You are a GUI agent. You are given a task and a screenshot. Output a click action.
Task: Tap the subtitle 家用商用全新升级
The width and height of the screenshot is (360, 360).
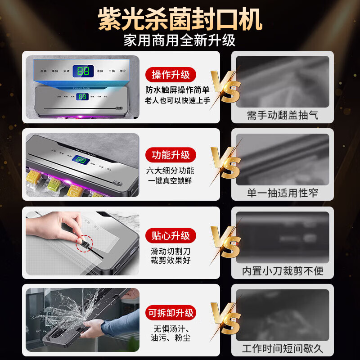tap(180, 40)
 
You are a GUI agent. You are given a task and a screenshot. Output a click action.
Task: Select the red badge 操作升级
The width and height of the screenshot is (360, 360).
tap(171, 75)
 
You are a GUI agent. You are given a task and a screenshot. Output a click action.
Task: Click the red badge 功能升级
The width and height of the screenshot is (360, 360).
tap(171, 155)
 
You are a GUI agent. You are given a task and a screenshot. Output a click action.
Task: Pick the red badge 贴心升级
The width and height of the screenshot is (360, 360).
tap(171, 235)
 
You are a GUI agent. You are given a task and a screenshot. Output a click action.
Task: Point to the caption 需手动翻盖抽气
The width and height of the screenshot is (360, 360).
tap(283, 115)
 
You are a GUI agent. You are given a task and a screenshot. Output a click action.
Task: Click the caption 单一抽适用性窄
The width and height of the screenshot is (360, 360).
tap(283, 193)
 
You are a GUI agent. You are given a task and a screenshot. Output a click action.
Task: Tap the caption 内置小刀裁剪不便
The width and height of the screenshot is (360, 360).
tap(283, 271)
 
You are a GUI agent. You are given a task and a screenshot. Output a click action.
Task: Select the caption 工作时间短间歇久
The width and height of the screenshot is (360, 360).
tap(283, 348)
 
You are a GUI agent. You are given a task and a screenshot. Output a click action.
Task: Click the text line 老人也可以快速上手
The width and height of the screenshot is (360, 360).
tap(177, 100)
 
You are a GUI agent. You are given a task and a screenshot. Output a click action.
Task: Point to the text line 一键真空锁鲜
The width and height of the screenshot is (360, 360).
tap(171, 180)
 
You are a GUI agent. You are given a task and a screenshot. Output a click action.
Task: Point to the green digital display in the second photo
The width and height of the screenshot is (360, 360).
tap(81, 160)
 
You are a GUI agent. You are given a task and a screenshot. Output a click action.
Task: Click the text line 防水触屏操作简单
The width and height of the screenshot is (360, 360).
tap(177, 90)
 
